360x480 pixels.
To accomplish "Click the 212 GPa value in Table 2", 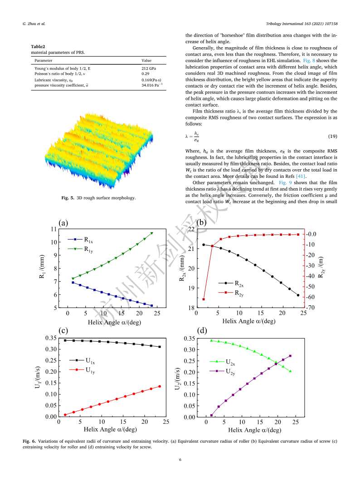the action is [x=149, y=69].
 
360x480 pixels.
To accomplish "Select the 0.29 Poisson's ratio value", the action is [x=145, y=74].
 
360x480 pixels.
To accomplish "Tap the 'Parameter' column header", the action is [x=43, y=61].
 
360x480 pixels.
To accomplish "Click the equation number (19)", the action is [x=332, y=136].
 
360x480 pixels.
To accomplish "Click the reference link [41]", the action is [x=301, y=176].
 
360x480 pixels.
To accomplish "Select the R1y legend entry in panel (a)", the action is [x=80, y=249].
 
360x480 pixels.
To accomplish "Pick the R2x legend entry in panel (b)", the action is [x=231, y=284].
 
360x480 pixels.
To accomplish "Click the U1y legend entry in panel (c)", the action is [x=82, y=370].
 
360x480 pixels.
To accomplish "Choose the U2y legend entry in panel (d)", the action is [x=222, y=371].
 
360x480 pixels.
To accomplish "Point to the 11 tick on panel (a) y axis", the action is [x=54, y=229].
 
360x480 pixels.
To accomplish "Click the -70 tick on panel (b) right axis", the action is [x=311, y=307].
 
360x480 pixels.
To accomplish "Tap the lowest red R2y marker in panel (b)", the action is [x=204, y=299].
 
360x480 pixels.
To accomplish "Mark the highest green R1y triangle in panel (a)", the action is [x=152, y=233].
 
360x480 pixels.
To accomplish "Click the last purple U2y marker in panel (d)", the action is [x=290, y=356].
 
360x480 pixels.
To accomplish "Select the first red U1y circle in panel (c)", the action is [x=65, y=415].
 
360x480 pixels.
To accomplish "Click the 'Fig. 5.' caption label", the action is [x=68, y=198].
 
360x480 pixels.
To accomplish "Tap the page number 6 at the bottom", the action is [x=180, y=460].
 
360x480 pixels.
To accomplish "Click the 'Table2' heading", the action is [x=38, y=47].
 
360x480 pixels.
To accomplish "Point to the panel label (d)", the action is [x=202, y=331].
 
